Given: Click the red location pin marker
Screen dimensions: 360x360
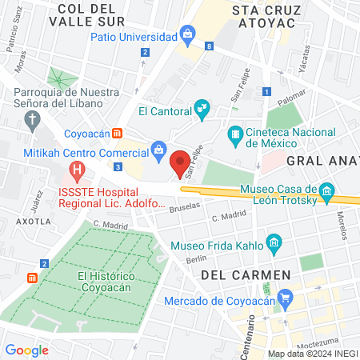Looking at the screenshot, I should [x=180, y=162].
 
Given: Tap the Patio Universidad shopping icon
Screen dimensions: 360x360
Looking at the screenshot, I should [x=187, y=33].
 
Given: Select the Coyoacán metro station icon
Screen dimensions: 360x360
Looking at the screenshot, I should [x=118, y=133].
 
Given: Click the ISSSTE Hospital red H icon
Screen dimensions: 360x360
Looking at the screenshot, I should [x=77, y=170].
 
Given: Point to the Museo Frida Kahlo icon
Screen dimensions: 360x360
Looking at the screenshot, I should [x=274, y=242].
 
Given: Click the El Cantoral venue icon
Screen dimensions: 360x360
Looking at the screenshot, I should [x=202, y=106].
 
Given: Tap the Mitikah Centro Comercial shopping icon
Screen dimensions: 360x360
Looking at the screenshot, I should [x=159, y=149].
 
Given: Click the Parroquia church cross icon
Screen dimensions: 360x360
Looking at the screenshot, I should [x=32, y=122].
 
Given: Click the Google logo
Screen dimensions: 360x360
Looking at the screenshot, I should [x=26, y=350].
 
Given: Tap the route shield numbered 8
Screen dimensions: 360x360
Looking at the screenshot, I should [x=209, y=47].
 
